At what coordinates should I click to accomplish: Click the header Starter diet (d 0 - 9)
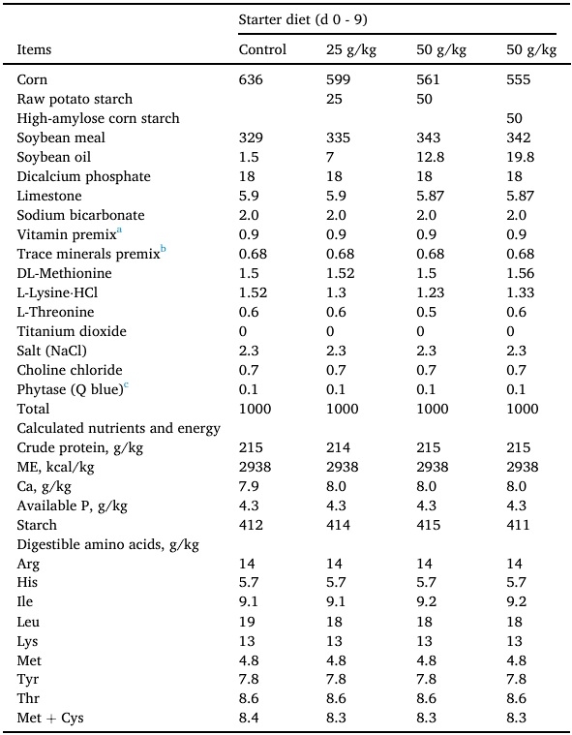coord(303,19)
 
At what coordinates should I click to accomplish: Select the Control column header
coord(262,49)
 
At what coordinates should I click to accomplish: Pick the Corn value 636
coord(251,79)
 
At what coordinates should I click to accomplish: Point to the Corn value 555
coord(520,79)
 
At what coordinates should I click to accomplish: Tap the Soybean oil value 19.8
coord(522,157)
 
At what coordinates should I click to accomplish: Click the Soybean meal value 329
coord(251,138)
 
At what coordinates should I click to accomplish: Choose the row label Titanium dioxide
coord(72,331)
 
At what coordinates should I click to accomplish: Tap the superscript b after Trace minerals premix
coord(164,250)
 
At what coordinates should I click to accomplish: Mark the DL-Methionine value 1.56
coord(523,273)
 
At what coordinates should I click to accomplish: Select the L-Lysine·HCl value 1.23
coord(430,292)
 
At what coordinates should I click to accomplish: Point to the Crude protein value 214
coord(338,447)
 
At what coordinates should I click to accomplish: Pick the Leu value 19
coord(246,622)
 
